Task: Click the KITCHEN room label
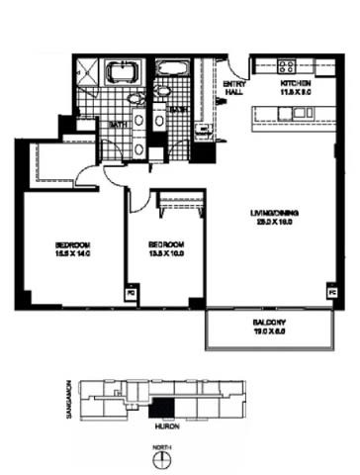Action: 296,84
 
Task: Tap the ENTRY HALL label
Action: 235,88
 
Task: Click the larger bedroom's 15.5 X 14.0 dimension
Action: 74,253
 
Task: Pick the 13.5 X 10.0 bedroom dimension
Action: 165,253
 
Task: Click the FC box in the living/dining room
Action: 330,294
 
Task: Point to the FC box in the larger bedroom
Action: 130,294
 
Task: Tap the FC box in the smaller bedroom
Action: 194,294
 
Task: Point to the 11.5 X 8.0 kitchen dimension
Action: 296,93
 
